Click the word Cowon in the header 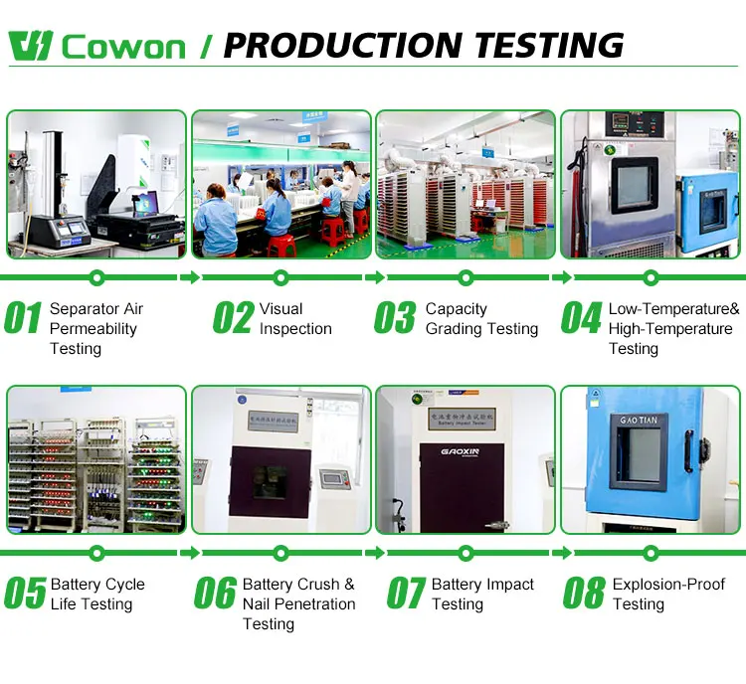123,47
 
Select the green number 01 24,318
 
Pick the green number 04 581,318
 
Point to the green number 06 215,594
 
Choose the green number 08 584,594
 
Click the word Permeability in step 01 93,329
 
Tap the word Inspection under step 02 295,329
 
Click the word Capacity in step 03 457,309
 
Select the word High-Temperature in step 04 670,329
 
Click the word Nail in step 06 261,604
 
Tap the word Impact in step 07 510,585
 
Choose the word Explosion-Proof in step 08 668,585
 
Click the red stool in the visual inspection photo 281,245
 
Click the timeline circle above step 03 466,277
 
